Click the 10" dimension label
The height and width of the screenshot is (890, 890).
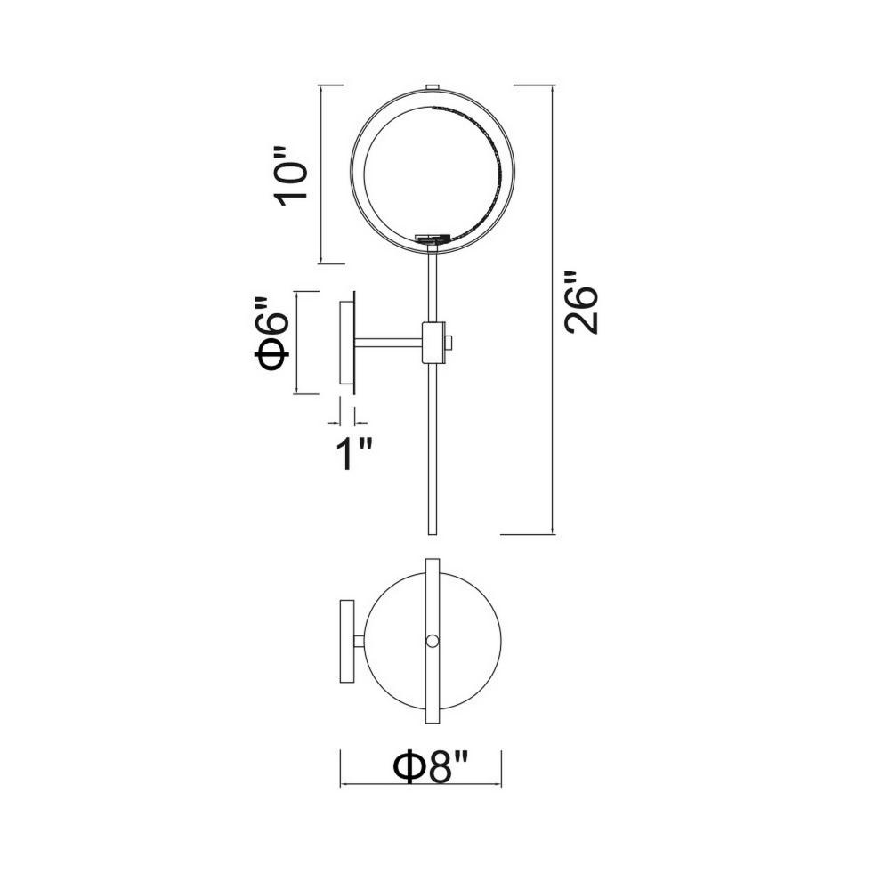(x=291, y=174)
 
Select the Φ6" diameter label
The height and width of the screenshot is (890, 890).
(x=271, y=335)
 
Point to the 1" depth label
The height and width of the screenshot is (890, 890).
(x=353, y=454)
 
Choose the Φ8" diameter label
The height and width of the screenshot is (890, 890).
(x=431, y=767)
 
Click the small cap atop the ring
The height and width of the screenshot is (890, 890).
(x=433, y=87)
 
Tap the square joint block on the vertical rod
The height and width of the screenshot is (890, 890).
(x=433, y=343)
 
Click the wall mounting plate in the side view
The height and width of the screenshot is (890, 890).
(x=347, y=343)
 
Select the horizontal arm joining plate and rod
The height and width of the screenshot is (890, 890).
(x=389, y=343)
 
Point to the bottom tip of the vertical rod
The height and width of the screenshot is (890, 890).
(x=433, y=533)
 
